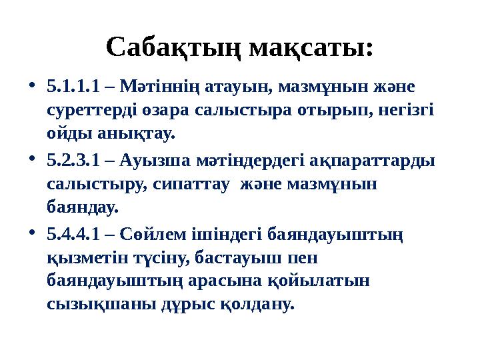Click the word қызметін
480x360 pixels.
coord(83,258)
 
